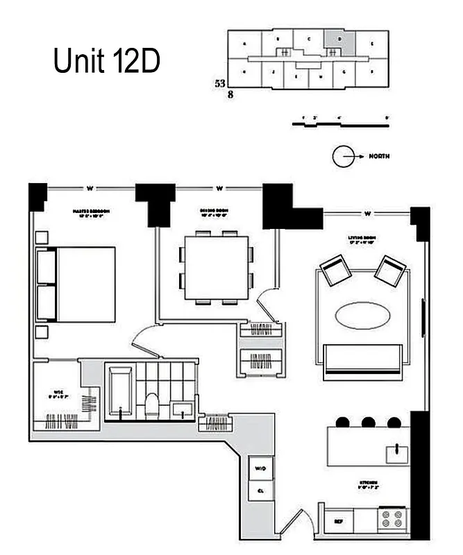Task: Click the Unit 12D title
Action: pyautogui.click(x=107, y=62)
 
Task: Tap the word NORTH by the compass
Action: pyautogui.click(x=379, y=157)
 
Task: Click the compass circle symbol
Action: pyautogui.click(x=342, y=157)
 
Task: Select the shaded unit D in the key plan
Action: pyautogui.click(x=340, y=40)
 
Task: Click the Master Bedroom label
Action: pyautogui.click(x=92, y=212)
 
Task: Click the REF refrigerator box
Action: pyautogui.click(x=339, y=520)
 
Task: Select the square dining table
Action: pyautogui.click(x=216, y=268)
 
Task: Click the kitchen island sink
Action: pyautogui.click(x=398, y=454)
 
